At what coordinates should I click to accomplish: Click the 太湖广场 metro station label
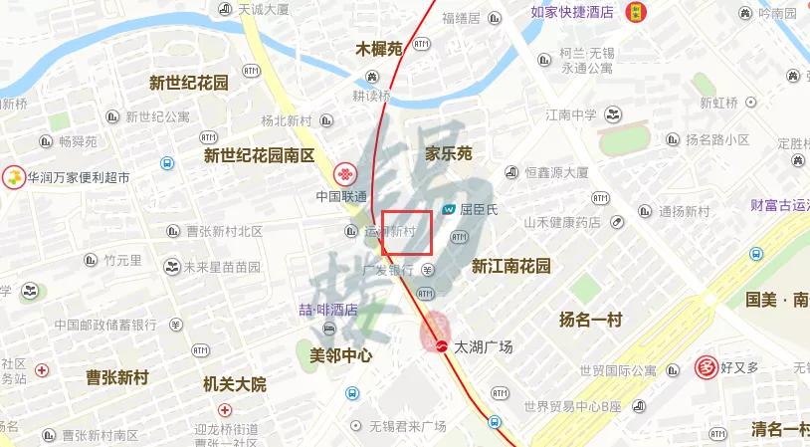[484, 347]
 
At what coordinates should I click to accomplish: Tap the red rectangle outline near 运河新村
[407, 232]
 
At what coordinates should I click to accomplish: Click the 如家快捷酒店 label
[571, 12]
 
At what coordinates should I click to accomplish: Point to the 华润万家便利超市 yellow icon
[14, 178]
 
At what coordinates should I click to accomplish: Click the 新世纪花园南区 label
[259, 155]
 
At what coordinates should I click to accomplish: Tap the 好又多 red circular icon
[708, 367]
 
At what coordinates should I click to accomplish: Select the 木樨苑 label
[379, 48]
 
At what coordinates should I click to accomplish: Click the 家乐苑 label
[448, 153]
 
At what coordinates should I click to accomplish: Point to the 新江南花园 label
[510, 266]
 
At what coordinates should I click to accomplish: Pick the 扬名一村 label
[590, 320]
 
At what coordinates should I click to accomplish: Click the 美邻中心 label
[341, 354]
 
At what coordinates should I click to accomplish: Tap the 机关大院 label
[235, 384]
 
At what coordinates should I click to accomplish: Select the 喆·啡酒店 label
[328, 310]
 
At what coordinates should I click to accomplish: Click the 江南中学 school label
[571, 114]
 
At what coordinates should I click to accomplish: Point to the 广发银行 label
[388, 270]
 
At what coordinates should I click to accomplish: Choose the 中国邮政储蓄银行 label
[106, 325]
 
